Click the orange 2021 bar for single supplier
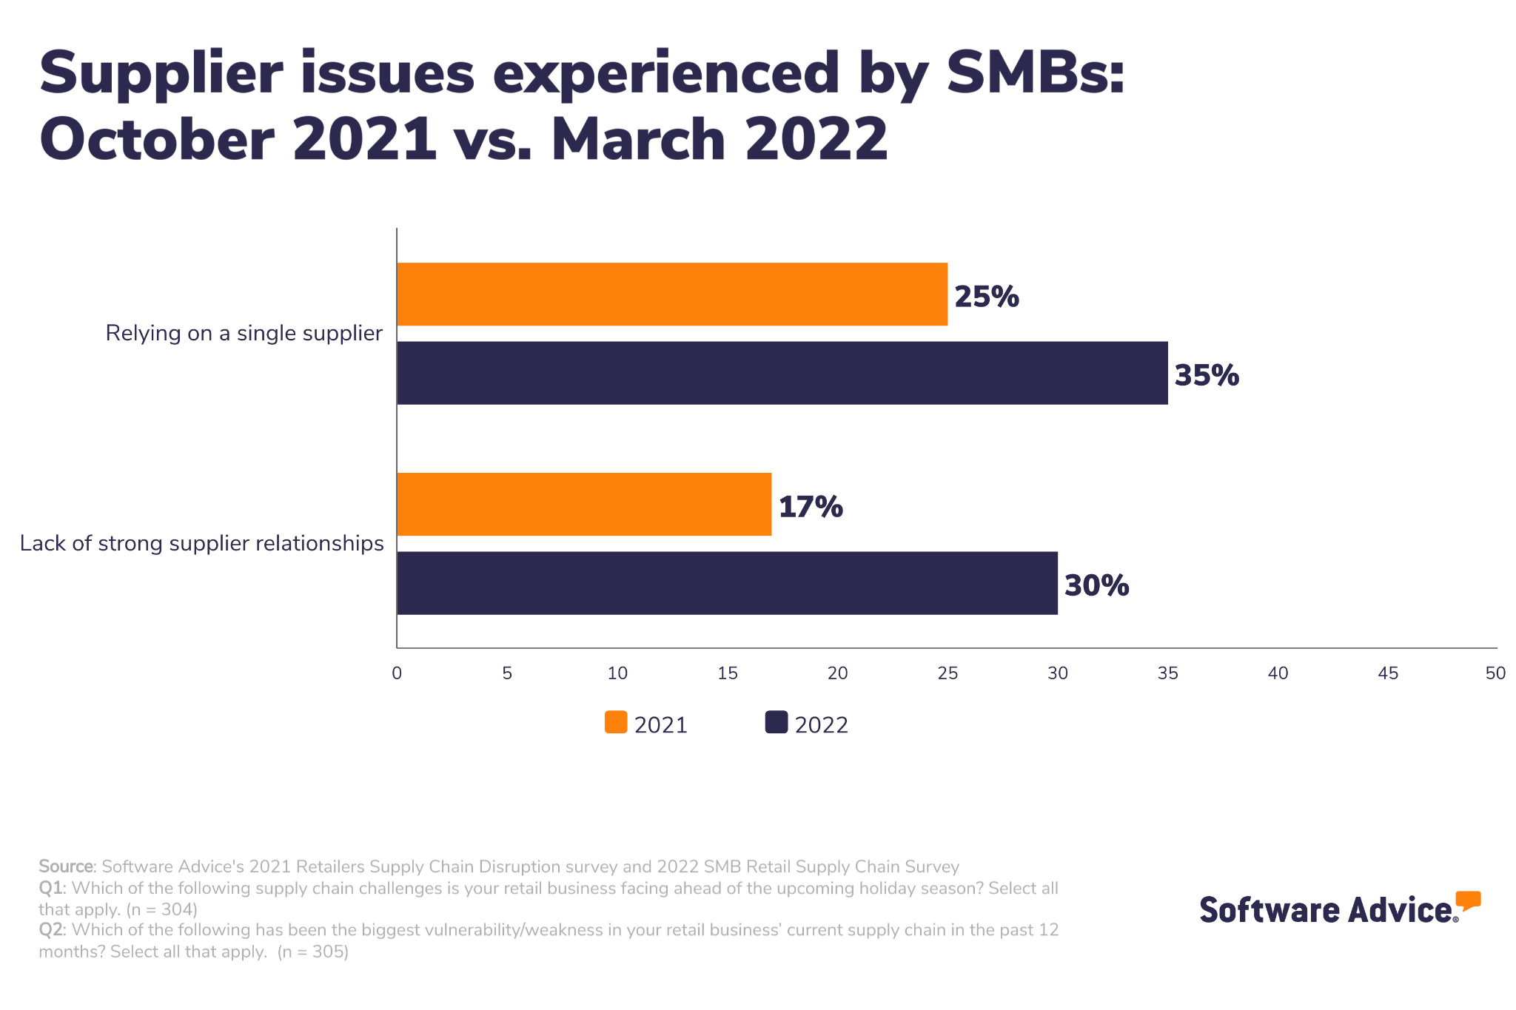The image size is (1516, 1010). tap(672, 294)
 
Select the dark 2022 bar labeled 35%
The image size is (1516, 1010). tap(782, 373)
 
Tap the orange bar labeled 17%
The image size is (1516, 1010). tap(584, 505)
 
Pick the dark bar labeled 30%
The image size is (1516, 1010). tap(727, 583)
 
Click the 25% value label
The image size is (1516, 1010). tap(986, 297)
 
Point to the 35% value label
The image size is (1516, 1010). tap(1207, 375)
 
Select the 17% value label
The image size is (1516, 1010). tap(810, 507)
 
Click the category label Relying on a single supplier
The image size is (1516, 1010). tap(244, 333)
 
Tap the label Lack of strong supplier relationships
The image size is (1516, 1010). tap(201, 543)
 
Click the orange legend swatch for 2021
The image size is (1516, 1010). tap(616, 722)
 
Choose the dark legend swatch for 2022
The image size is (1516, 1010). tap(776, 722)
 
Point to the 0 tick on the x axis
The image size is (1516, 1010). tap(397, 673)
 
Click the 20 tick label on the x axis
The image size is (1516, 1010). tap(837, 673)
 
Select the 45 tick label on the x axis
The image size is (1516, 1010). tap(1388, 673)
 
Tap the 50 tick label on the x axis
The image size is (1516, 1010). tap(1495, 673)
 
